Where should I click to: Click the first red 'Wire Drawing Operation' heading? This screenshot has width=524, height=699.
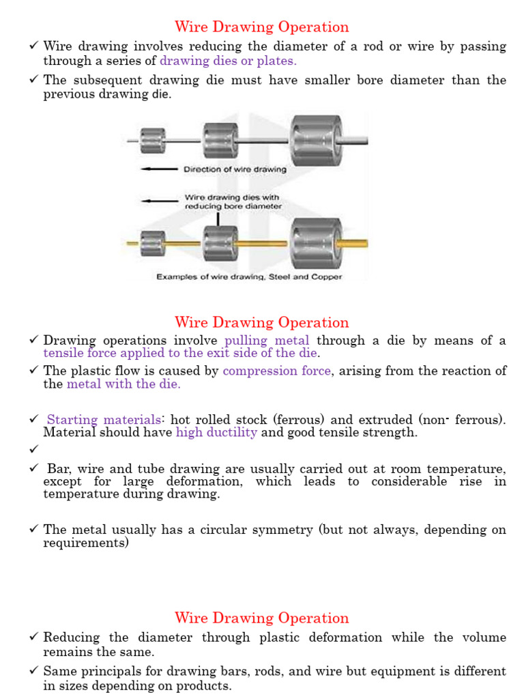[x=261, y=27]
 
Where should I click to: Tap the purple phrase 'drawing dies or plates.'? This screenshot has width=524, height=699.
[x=228, y=61]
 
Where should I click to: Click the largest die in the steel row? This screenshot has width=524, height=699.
[x=316, y=140]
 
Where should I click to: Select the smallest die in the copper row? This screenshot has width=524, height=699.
[x=153, y=242]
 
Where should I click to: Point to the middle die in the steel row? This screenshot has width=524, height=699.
[x=220, y=140]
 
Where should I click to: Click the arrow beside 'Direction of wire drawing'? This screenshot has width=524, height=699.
[x=158, y=169]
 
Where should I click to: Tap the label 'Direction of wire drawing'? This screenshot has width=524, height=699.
[x=235, y=169]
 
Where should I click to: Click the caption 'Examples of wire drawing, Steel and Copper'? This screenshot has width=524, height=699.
[x=249, y=277]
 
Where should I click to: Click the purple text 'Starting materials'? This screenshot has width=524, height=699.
[x=104, y=420]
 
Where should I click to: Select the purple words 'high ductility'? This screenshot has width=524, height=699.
[x=216, y=433]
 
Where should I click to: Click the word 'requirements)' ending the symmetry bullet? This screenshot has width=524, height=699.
[x=86, y=543]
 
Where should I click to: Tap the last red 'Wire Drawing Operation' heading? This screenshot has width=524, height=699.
[x=261, y=618]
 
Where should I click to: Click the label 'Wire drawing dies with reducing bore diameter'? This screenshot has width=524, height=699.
[x=233, y=202]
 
